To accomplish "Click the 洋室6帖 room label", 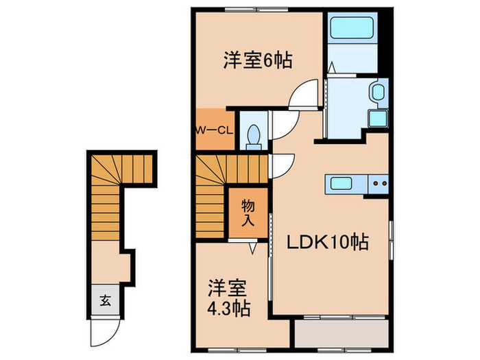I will (257, 60).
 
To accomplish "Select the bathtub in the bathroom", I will (350, 29).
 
